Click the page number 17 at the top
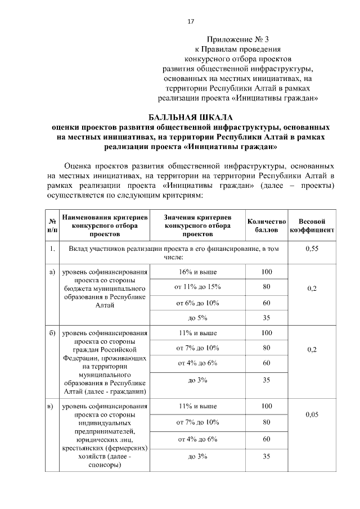click(190, 21)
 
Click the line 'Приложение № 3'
click(239, 39)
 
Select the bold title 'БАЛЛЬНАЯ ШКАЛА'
click(191, 118)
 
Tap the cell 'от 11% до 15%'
click(197, 287)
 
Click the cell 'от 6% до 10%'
click(197, 303)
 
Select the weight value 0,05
click(312, 415)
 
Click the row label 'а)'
click(52, 272)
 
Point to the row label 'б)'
click(52, 333)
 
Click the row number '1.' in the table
click(52, 249)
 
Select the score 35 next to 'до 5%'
click(267, 318)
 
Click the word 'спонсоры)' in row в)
click(105, 466)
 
